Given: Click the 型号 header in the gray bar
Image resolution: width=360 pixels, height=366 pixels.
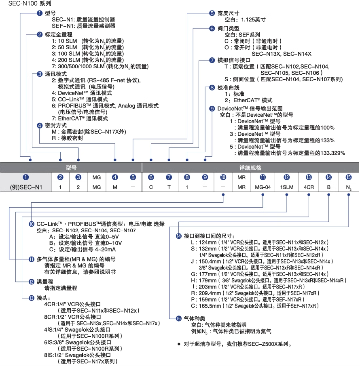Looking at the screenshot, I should (71, 167).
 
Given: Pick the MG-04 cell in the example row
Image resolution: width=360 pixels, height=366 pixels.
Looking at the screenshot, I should (263, 187).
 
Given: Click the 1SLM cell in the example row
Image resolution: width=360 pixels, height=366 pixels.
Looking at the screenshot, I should (286, 187).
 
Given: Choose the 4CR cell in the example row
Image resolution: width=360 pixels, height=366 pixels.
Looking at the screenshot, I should (309, 187).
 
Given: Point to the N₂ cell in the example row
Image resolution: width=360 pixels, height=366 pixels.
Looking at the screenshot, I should (348, 187).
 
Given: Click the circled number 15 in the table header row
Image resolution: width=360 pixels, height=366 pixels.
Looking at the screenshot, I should (348, 177).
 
